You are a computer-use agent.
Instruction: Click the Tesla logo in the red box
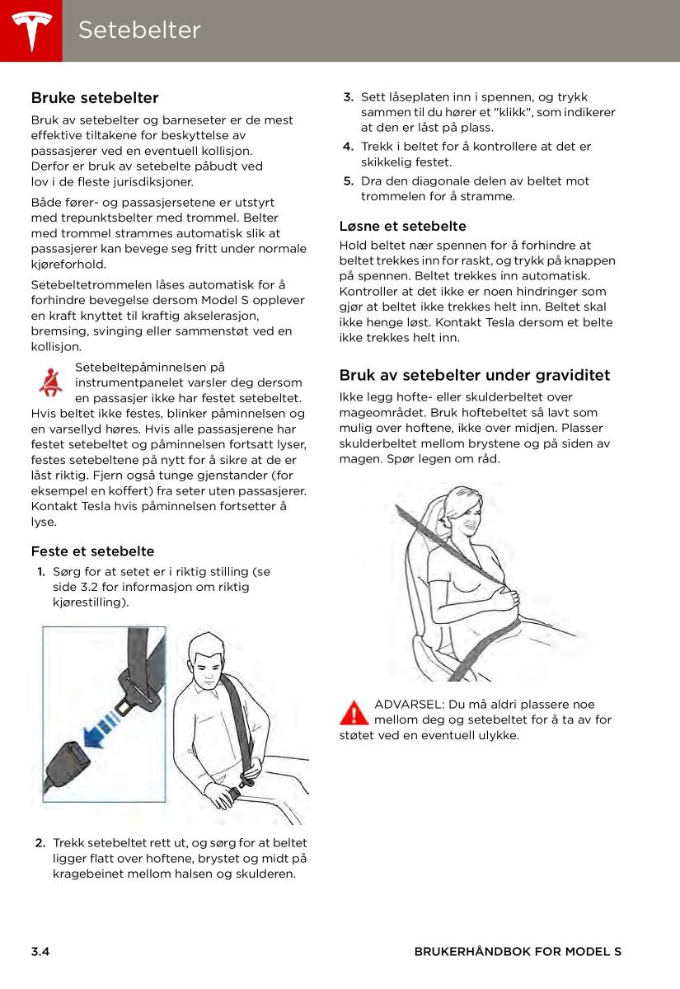tap(32, 31)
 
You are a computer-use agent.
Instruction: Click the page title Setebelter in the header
tap(139, 30)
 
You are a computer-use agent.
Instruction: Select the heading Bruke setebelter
tap(95, 97)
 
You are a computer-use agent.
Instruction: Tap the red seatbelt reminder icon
tap(50, 382)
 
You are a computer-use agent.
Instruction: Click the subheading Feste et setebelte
tap(92, 551)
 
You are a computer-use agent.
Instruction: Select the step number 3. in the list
tap(349, 97)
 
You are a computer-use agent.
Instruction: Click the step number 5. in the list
tap(349, 181)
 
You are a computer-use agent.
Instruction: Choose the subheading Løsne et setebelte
tap(403, 226)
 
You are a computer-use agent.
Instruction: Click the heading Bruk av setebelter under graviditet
tap(475, 375)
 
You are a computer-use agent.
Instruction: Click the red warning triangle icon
tap(354, 713)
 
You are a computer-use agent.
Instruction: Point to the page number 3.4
tap(40, 951)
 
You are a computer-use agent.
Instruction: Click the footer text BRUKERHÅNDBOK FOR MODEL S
tap(518, 951)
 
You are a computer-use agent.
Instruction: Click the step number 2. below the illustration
tap(40, 843)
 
